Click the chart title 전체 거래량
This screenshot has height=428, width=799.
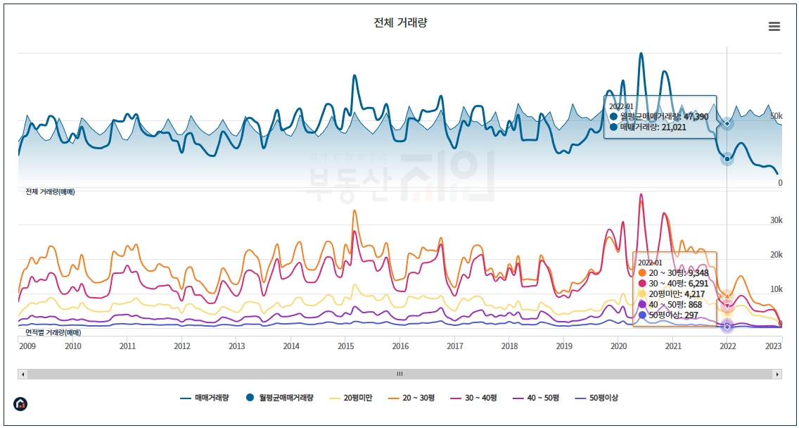coord(400,23)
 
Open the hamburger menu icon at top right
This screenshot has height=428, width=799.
coord(774,27)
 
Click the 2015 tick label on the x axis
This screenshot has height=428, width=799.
coord(345,346)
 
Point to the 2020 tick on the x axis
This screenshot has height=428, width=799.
coord(618,346)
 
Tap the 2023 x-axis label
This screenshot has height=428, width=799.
coord(773,346)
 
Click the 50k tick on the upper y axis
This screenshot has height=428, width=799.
coord(776,115)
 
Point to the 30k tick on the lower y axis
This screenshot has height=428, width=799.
coord(776,220)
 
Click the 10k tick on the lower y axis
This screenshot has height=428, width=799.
coord(776,289)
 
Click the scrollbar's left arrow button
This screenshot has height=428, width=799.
coord(22,374)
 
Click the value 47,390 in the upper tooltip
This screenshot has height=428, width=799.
coord(695,116)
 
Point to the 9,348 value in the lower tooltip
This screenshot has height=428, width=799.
coord(696,272)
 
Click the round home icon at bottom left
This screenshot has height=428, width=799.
coord(21,404)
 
